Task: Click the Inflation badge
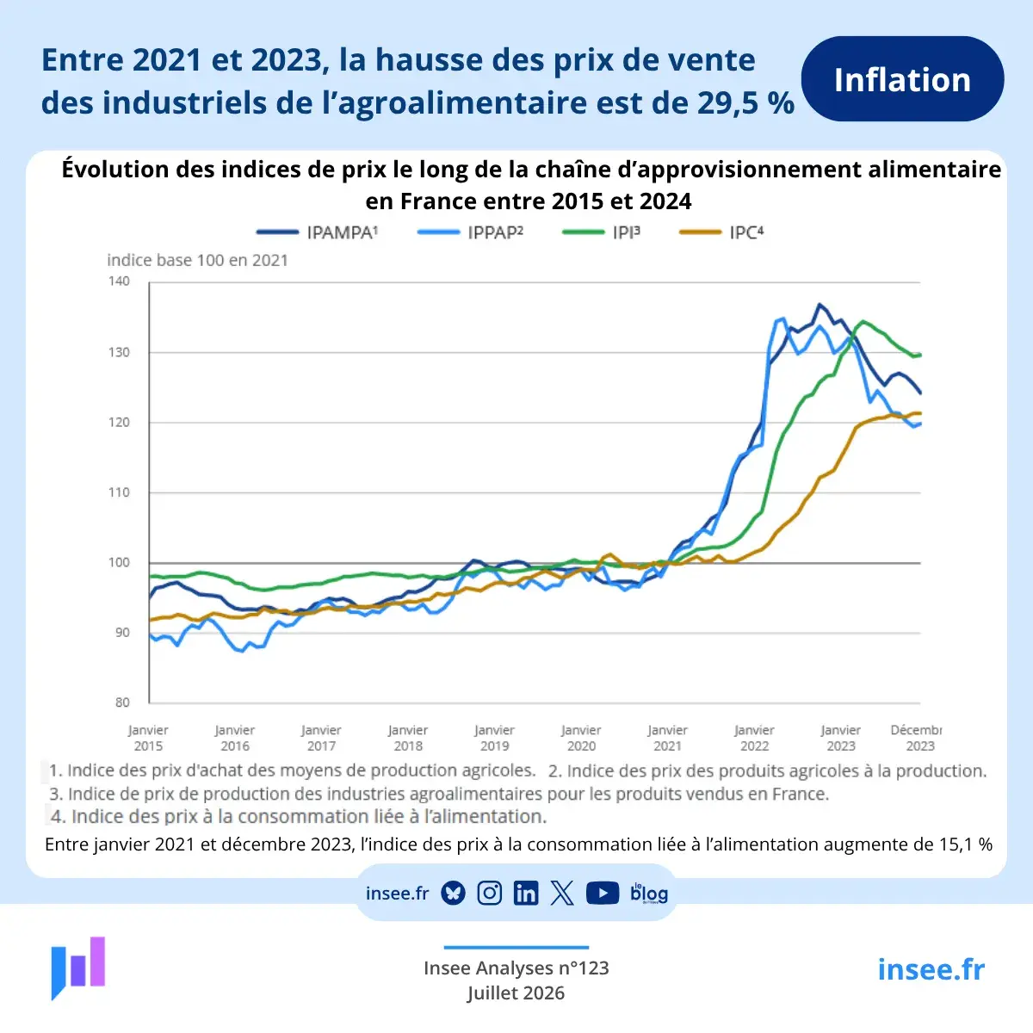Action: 902,79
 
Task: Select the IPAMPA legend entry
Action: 318,232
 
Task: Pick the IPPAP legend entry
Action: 470,232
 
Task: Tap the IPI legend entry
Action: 601,232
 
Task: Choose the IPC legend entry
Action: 721,232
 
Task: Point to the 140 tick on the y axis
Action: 119,281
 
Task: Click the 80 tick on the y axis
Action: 122,702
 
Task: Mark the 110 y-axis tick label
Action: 119,492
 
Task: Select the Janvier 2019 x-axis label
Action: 494,738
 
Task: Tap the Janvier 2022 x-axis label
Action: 754,738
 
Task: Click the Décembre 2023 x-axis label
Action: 916,738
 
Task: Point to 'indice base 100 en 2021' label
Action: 198,260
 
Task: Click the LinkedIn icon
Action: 526,894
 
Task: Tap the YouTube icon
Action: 603,894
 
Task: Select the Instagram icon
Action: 490,894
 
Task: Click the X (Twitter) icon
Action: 562,894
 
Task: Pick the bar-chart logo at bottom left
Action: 78,968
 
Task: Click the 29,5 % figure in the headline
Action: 745,102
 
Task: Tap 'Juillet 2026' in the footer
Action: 516,993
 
